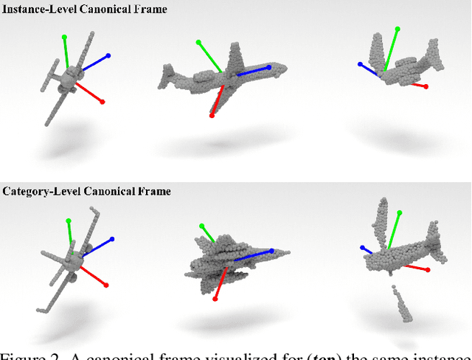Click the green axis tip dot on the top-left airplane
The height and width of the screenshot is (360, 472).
point(64,36)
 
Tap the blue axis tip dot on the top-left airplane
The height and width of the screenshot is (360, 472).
point(108,55)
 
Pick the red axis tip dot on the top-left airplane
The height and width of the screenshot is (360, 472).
point(102,102)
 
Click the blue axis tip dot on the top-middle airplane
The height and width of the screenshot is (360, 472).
point(268,67)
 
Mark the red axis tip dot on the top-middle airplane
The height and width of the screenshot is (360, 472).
point(212,116)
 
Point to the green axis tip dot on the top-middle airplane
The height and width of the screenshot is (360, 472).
point(198,43)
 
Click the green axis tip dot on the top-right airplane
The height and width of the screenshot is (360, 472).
point(398,30)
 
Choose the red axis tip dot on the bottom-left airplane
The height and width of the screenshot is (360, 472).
point(107,285)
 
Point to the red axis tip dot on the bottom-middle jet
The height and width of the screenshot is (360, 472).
point(215,299)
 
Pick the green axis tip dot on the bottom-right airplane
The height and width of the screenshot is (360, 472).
point(402,213)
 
